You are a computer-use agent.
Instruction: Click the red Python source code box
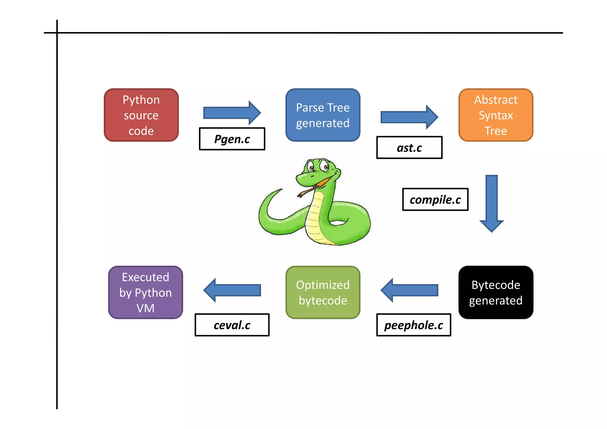(x=141, y=115)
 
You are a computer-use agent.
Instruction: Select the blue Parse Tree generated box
(x=323, y=115)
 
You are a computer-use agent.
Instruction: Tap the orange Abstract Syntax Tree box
(x=496, y=115)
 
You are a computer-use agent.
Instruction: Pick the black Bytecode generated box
(x=496, y=292)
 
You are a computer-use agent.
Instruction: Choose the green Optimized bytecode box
(x=323, y=292)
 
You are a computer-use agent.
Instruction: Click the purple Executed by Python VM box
(x=146, y=292)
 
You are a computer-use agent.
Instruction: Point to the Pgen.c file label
(x=232, y=139)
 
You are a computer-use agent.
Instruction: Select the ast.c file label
(x=409, y=148)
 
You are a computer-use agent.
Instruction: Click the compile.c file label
(x=435, y=200)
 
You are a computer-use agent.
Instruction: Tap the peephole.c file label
(x=413, y=325)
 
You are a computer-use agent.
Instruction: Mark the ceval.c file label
(x=232, y=325)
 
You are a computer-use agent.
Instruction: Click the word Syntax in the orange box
(x=496, y=115)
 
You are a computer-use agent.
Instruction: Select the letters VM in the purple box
(x=146, y=308)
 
